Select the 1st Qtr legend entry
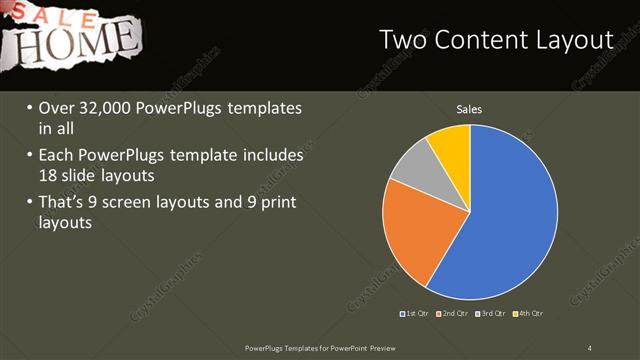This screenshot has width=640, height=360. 415,314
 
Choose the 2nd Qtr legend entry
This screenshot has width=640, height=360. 452,314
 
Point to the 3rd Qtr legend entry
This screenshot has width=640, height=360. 490,314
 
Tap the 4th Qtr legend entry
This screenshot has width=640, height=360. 527,314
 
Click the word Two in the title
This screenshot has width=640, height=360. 404,40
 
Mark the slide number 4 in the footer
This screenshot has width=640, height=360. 590,348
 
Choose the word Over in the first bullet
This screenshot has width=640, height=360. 57,108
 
